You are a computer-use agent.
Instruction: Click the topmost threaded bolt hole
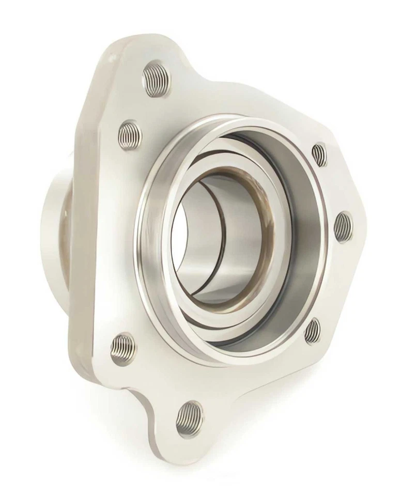(156, 79)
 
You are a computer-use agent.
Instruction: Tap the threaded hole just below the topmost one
(130, 135)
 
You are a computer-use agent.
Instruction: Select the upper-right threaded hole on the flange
(319, 154)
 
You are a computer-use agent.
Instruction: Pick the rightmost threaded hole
(343, 227)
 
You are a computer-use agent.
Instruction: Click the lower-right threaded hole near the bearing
(312, 331)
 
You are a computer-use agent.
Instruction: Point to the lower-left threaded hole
(123, 348)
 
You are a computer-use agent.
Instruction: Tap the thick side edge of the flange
(83, 233)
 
